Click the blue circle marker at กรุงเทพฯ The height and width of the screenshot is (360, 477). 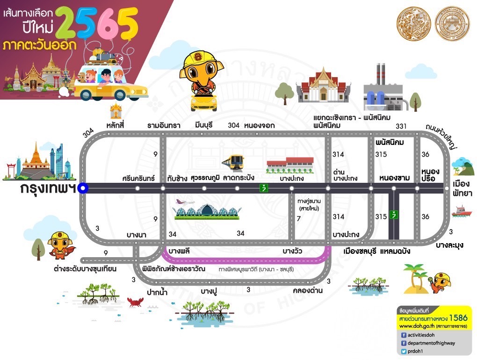[83, 188]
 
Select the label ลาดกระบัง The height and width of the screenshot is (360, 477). [238, 178]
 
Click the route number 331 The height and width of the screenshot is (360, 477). [401, 126]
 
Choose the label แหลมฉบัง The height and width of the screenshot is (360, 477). [395, 251]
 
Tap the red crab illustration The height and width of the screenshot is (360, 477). [135, 301]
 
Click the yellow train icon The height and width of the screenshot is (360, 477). [232, 162]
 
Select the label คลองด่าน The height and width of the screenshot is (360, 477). [307, 290]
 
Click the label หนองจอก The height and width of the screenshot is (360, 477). [259, 125]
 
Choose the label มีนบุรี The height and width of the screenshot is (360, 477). [206, 125]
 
